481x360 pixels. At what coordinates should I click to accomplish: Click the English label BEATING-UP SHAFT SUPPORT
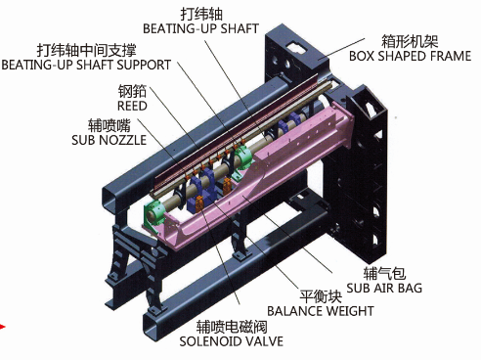coord(86,65)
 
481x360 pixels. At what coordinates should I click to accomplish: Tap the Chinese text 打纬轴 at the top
coord(201,14)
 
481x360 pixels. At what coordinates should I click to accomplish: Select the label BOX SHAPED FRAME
coord(410,56)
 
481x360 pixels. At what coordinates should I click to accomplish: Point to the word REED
coord(132,106)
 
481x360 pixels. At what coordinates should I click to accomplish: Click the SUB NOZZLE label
coord(109,140)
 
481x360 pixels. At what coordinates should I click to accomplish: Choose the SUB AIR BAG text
coord(384,288)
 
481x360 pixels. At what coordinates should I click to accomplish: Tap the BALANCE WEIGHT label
coord(321,311)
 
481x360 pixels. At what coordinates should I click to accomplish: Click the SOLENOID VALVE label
coord(231,341)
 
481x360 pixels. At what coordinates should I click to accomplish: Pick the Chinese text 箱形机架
coord(410,41)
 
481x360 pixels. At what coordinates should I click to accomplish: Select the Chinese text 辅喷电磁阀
coord(232,327)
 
